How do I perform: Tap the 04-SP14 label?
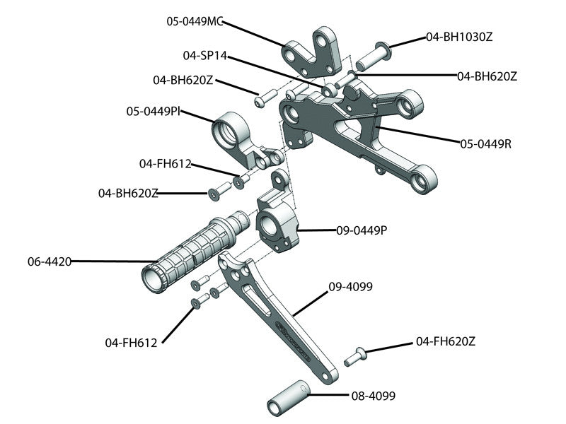click(204, 54)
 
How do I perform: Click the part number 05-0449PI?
click(152, 111)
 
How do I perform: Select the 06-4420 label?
click(50, 261)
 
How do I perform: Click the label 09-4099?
click(350, 287)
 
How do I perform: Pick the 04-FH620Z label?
click(446, 341)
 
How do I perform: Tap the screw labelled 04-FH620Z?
click(355, 356)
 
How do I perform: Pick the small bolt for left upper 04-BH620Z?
click(263, 100)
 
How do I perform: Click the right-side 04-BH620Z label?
click(487, 76)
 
